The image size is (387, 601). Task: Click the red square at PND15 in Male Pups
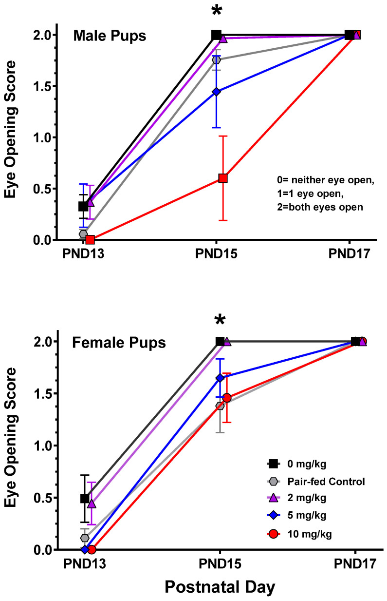[x=223, y=178]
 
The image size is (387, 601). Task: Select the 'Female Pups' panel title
[x=119, y=343]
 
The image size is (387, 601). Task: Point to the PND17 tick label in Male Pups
[x=349, y=254]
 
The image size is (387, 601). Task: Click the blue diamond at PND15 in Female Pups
[x=220, y=378]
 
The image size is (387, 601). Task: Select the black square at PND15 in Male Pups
[x=217, y=35]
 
